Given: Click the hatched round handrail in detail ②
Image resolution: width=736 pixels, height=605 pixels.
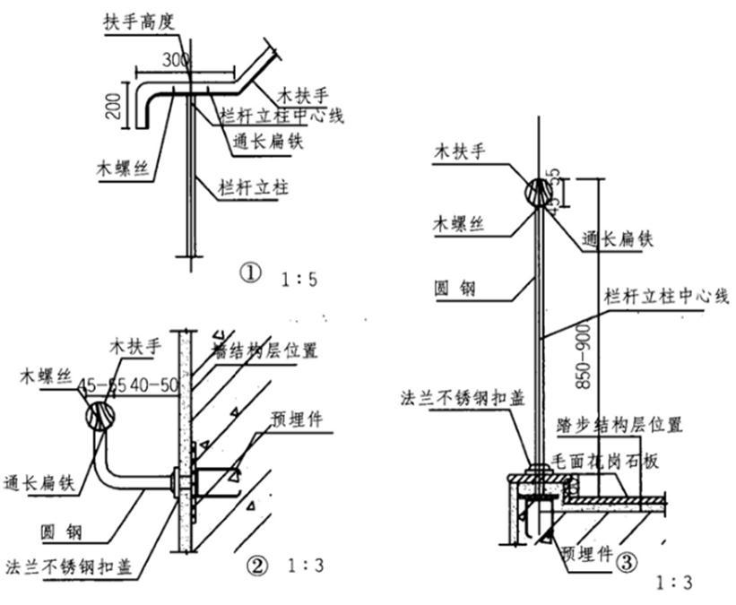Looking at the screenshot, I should pos(101,418).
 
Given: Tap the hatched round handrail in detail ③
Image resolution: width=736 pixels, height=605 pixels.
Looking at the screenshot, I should pos(538,191).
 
